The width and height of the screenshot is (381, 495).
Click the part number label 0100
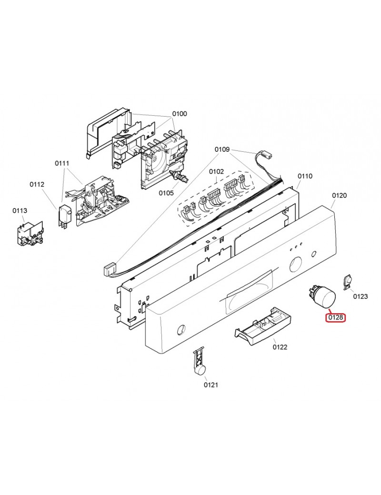(x=180, y=114)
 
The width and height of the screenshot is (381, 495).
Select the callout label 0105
(x=166, y=193)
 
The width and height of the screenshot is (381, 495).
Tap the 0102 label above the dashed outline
(x=216, y=171)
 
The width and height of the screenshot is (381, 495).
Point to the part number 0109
(x=222, y=149)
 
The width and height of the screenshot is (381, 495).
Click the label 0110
(x=305, y=176)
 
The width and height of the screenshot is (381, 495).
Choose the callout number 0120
(x=339, y=195)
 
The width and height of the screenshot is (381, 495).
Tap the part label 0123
(x=360, y=297)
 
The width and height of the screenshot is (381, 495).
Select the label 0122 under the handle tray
(x=280, y=347)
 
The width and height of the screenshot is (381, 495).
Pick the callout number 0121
(x=211, y=385)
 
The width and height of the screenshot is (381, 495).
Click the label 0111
(x=62, y=163)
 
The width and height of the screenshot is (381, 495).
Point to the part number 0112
(x=37, y=184)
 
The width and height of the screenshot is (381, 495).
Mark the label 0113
(x=20, y=210)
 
